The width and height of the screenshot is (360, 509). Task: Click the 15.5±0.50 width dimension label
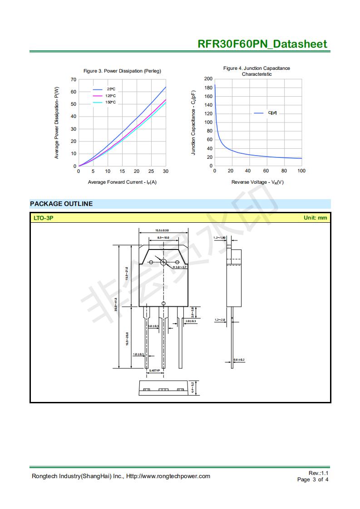tap(162, 230)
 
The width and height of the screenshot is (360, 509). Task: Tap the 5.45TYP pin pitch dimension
tap(154, 371)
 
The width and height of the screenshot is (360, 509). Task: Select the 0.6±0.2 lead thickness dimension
tap(239, 360)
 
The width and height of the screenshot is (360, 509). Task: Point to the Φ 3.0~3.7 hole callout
tap(179, 268)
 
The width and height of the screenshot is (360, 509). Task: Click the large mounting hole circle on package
tap(163, 262)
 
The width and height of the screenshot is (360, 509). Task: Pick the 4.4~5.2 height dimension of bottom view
tap(192, 388)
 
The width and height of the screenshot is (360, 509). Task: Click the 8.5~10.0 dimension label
tap(163, 238)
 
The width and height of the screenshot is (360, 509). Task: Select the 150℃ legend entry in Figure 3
tap(111, 103)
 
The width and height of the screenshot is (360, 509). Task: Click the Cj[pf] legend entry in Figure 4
tap(272, 113)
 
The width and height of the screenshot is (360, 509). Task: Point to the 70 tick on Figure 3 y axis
tap(74, 80)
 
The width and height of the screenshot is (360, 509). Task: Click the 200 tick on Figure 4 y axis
tap(208, 79)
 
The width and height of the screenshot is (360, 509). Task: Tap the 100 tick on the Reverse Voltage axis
tap(301, 171)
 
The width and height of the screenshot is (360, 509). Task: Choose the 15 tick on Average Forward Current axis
tap(122, 171)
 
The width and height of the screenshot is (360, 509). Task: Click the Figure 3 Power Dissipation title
tap(122, 71)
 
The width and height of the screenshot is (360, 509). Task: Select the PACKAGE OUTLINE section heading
tap(61, 204)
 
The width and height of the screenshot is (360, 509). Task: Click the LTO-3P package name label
tap(44, 218)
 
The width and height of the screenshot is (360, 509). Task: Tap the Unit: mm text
tap(315, 218)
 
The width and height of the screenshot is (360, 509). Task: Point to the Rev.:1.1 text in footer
tap(318, 473)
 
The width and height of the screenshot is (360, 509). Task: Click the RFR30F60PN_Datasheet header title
tap(262, 44)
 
